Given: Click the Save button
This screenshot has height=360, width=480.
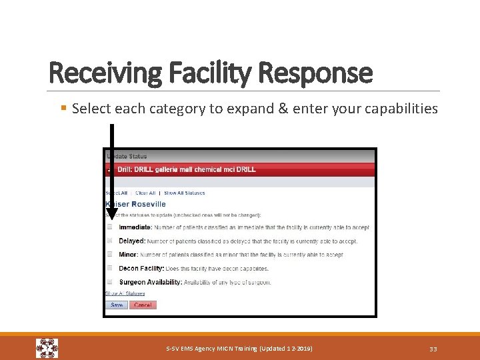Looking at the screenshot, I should coord(117,305).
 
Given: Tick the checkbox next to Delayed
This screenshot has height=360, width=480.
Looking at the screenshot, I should coord(110,241).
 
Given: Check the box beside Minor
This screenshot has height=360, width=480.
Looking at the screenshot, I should coord(110,254).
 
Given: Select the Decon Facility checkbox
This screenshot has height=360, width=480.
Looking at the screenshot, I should coord(110,268).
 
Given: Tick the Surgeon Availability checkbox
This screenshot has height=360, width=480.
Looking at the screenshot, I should coord(110,282).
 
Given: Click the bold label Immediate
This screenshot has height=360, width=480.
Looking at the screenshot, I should coord(135,227).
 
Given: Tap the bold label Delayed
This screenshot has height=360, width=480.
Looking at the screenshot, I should coord(131,241).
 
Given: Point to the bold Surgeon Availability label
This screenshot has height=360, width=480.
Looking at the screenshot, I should coord(150,282).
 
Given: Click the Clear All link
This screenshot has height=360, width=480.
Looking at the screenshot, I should coord(145,193).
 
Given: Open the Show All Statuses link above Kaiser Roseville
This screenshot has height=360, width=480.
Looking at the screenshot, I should coord(185,193).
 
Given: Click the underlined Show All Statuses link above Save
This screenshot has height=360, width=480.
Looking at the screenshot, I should coord(125,293).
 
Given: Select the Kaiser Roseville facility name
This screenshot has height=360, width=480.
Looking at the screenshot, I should coord(136,203).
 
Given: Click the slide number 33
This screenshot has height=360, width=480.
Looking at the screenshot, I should coord(433,349).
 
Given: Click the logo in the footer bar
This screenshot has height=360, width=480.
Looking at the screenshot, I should coord(47,348).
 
